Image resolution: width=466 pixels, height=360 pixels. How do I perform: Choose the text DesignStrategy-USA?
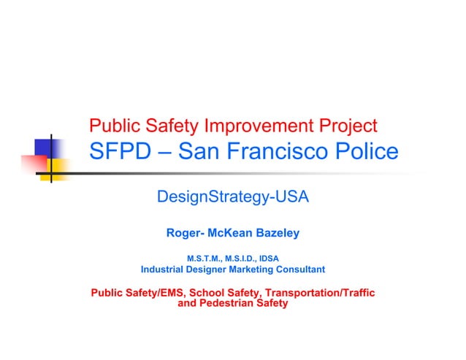(233, 196)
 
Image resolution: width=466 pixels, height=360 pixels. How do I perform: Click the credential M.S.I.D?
(242, 258)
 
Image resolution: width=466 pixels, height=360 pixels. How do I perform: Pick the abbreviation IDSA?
(270, 258)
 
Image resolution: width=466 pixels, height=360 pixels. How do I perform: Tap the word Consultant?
(297, 270)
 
